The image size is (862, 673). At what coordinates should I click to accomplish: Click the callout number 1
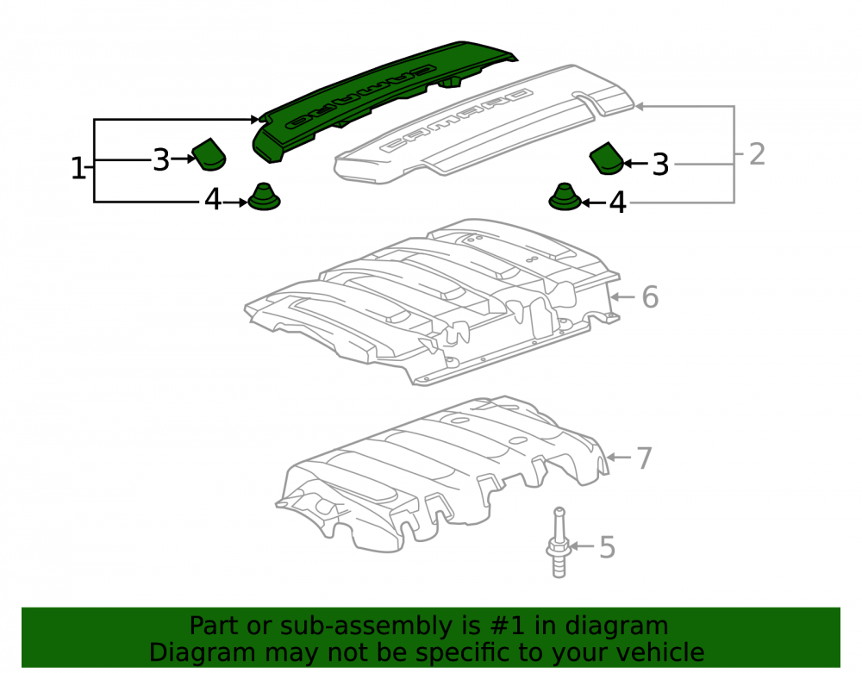pyautogui.click(x=78, y=168)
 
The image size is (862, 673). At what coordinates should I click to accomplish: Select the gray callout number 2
pyautogui.click(x=757, y=154)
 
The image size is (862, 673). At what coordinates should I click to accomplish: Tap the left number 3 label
pyautogui.click(x=160, y=160)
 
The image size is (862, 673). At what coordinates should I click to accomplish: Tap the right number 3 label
pyautogui.click(x=660, y=165)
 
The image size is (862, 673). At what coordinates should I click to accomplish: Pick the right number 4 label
pyautogui.click(x=618, y=203)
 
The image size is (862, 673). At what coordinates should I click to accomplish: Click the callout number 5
pyautogui.click(x=607, y=547)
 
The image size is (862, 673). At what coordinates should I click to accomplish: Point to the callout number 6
pyautogui.click(x=650, y=297)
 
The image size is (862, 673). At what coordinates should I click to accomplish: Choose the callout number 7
pyautogui.click(x=644, y=458)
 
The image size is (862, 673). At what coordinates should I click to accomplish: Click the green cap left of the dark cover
pyautogui.click(x=209, y=154)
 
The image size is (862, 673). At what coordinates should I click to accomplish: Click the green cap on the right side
pyautogui.click(x=606, y=159)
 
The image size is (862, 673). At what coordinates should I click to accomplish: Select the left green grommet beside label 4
pyautogui.click(x=264, y=197)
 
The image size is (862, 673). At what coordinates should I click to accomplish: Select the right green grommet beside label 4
pyautogui.click(x=565, y=197)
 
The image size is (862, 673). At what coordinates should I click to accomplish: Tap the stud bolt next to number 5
pyautogui.click(x=558, y=543)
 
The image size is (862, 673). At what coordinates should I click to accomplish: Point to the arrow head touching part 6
pyautogui.click(x=614, y=297)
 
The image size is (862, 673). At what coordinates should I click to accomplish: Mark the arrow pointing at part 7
pyautogui.click(x=618, y=457)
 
